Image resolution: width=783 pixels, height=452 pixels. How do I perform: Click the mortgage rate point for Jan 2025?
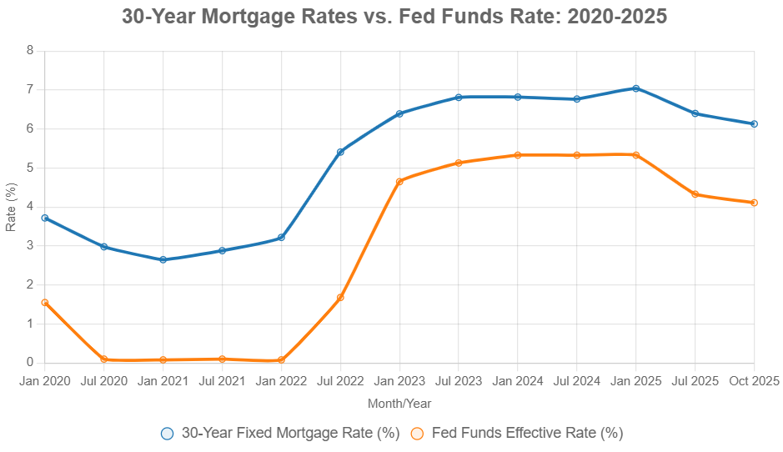[635, 88]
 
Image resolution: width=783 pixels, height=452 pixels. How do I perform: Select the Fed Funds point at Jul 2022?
[340, 298]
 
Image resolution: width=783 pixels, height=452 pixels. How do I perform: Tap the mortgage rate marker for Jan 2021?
[163, 259]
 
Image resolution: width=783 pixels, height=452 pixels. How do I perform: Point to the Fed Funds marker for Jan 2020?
[44, 303]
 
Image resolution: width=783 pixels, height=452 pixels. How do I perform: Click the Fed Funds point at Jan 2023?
[399, 181]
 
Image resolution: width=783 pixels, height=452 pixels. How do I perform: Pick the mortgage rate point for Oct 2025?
[754, 123]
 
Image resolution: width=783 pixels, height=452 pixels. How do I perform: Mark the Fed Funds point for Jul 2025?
[695, 194]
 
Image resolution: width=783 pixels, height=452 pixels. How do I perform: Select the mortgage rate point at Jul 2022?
[340, 152]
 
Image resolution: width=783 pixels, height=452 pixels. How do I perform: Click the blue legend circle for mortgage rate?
[168, 433]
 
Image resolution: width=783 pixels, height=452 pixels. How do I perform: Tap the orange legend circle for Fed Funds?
[418, 433]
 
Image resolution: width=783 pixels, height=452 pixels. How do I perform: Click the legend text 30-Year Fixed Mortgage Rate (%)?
[290, 433]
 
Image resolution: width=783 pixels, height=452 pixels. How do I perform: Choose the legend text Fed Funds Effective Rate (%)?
[527, 433]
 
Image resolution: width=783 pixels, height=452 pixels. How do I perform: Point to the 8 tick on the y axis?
[30, 50]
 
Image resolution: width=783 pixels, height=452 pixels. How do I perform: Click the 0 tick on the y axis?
[30, 363]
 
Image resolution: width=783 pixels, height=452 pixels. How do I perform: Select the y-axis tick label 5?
[30, 168]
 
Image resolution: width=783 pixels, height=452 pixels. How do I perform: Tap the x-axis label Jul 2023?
[459, 381]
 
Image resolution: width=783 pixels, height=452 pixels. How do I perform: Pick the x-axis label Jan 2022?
[281, 381]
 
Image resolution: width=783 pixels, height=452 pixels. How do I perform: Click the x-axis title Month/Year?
[399, 404]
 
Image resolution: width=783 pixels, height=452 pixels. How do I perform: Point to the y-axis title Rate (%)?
[11, 207]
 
